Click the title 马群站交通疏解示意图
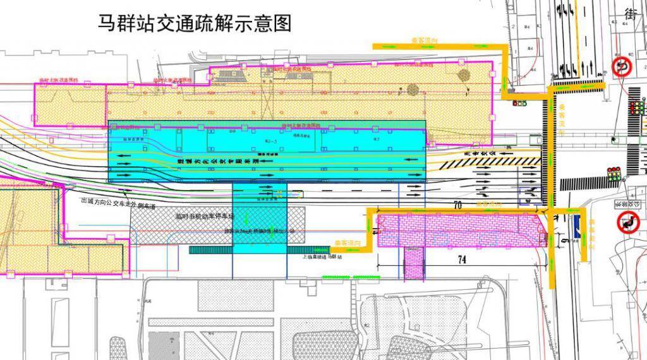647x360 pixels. pyautogui.click(x=195, y=23)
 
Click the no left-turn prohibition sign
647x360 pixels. pyautogui.click(x=629, y=222)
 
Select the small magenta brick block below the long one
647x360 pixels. pyautogui.click(x=414, y=261)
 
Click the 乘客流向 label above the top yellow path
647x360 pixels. pyautogui.click(x=425, y=40)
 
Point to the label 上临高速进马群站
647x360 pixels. pyautogui.click(x=322, y=258)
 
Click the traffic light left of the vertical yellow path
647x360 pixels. pyautogui.click(x=519, y=102)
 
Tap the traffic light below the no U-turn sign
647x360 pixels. pyautogui.click(x=635, y=108)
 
